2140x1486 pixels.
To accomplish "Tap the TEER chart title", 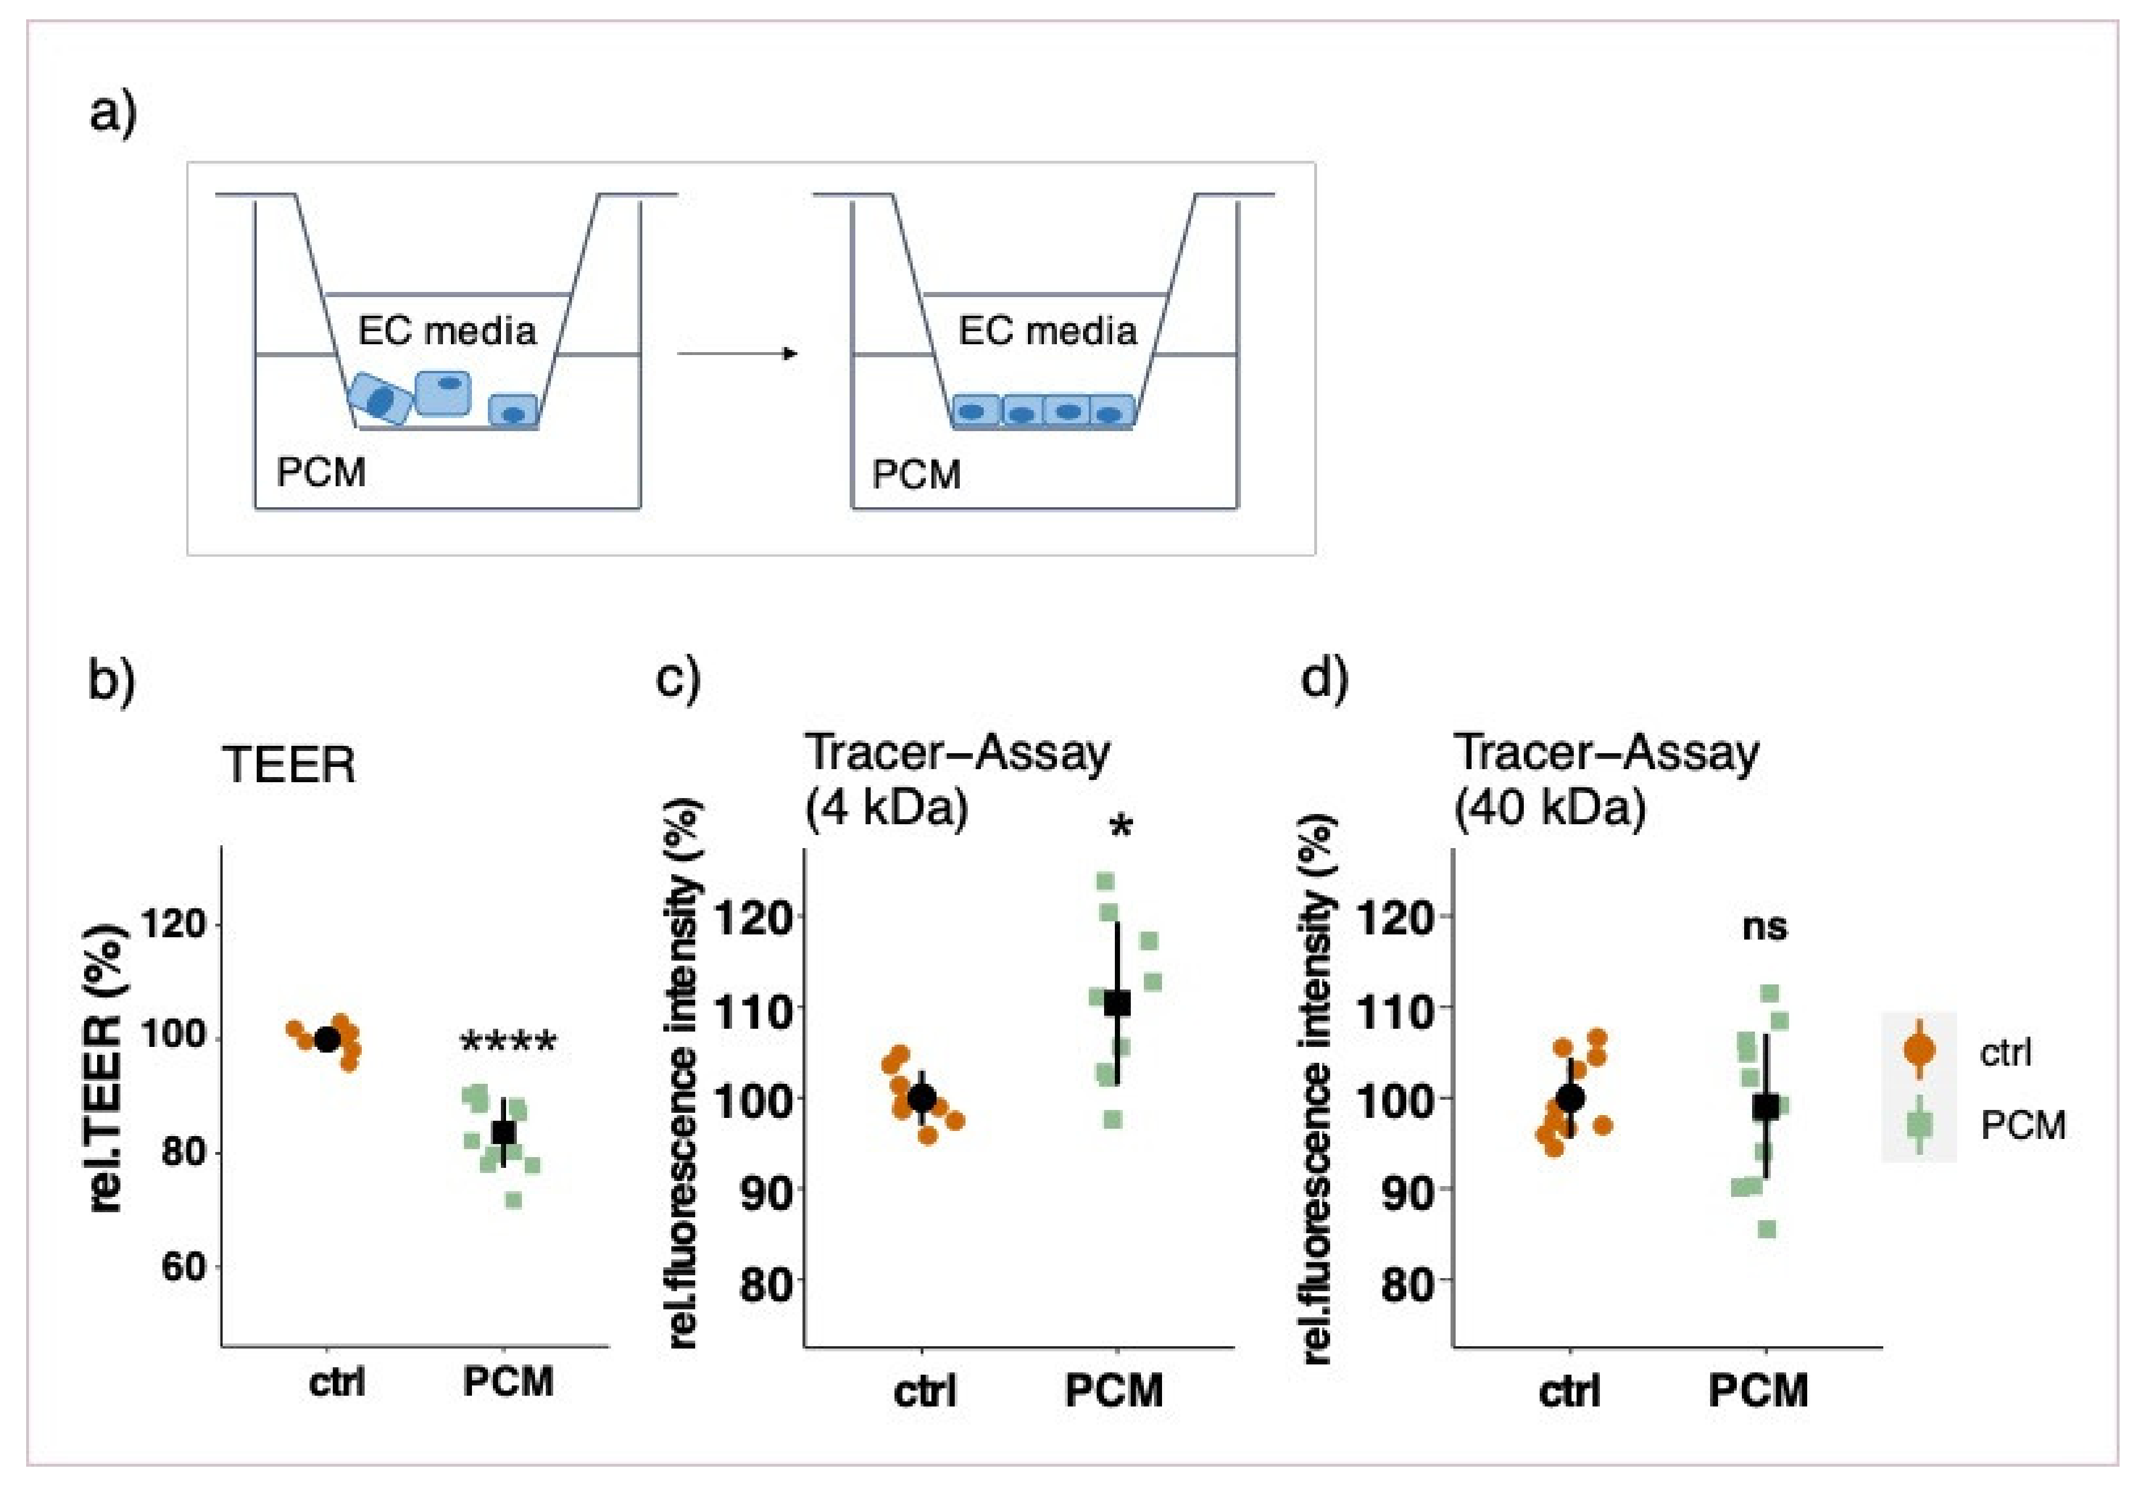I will click(289, 765).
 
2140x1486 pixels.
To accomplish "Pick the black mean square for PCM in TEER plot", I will click(504, 1132).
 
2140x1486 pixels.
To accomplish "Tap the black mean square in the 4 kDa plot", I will click(1117, 1004).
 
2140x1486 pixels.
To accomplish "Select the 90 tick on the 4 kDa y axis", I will click(765, 1190).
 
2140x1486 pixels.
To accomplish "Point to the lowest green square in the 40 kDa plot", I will click(1766, 1230).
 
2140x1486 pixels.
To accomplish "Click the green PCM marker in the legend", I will click(1919, 1125).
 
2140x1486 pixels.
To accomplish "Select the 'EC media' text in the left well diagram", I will click(447, 332).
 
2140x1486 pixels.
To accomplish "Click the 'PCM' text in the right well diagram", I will click(916, 475).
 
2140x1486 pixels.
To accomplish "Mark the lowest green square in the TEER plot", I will click(513, 1200).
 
